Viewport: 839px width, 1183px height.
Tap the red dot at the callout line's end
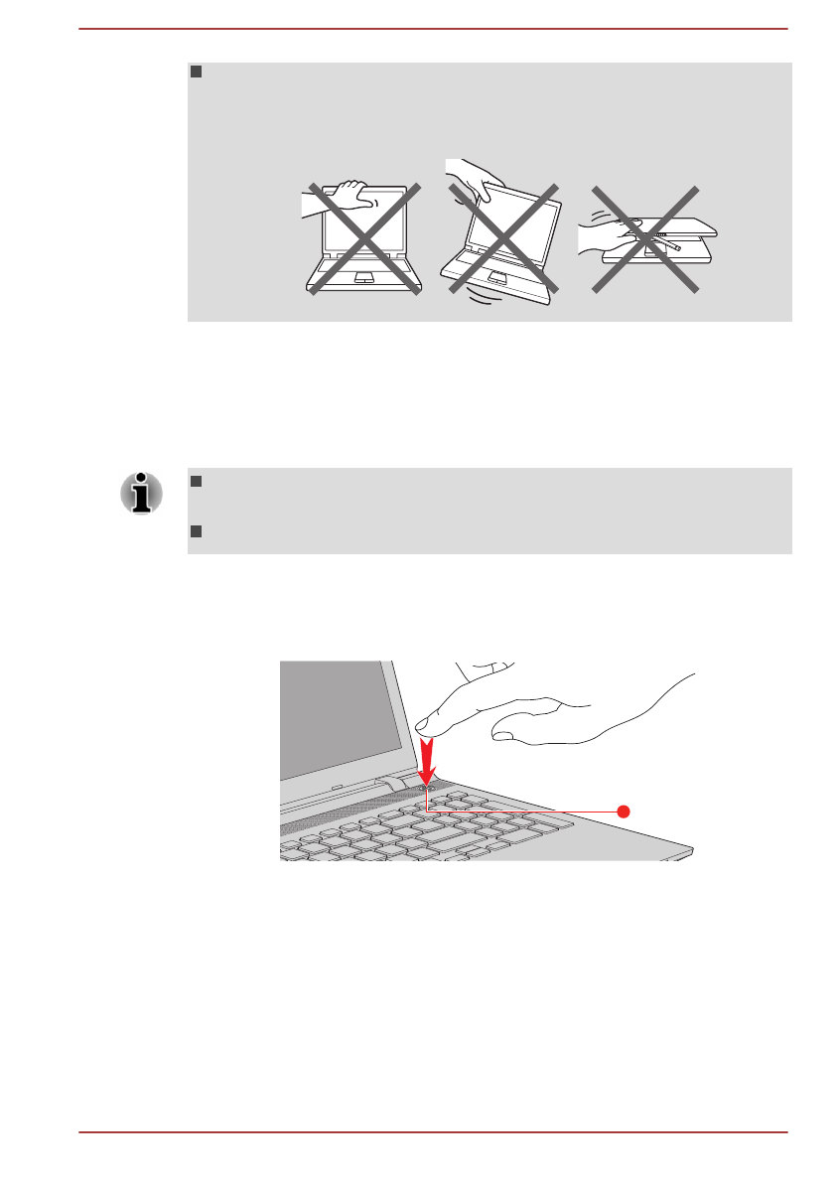coord(624,812)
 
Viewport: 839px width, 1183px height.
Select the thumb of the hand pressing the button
coord(505,735)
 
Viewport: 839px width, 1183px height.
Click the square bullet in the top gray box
coord(196,73)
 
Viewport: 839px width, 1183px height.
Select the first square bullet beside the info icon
coord(196,482)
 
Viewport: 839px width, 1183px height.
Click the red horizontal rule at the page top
coord(433,28)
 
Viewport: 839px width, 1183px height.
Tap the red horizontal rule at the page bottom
coord(433,1131)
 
